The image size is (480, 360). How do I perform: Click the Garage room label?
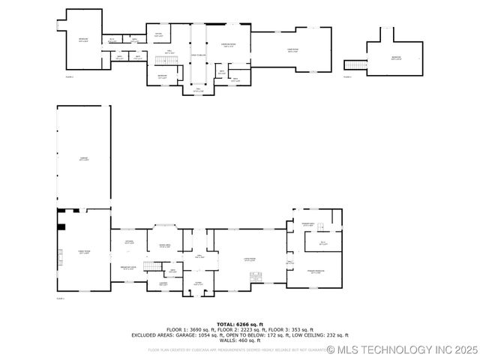pyautogui.click(x=84, y=158)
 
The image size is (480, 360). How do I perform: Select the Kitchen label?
pyautogui.click(x=129, y=242)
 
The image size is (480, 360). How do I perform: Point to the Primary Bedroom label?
pyautogui.click(x=315, y=271)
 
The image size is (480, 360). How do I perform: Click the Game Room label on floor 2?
pyautogui.click(x=292, y=51)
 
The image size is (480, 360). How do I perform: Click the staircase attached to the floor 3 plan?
pyautogui.click(x=355, y=64)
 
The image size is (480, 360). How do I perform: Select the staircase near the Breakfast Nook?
pyautogui.click(x=152, y=266)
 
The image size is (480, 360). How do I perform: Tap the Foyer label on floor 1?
pyautogui.click(x=198, y=283)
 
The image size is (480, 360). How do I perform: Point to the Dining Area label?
pyautogui.click(x=165, y=246)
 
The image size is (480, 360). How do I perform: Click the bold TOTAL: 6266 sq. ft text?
pyautogui.click(x=240, y=324)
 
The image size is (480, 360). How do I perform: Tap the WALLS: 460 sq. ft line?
pyautogui.click(x=240, y=340)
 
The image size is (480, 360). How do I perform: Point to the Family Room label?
pyautogui.click(x=83, y=253)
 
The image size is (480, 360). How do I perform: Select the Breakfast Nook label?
pyautogui.click(x=128, y=267)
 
